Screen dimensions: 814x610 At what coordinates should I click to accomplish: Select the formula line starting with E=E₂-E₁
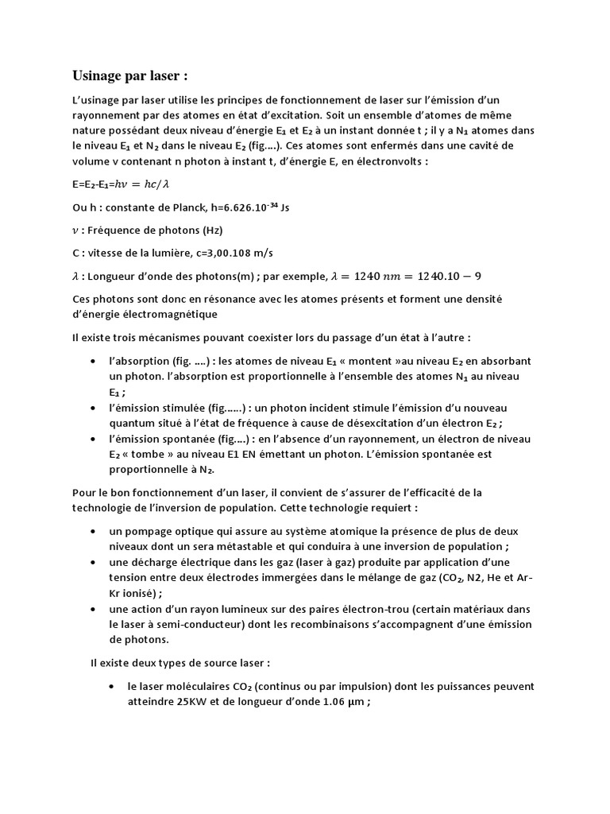(121, 184)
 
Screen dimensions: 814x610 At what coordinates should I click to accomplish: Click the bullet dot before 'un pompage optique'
(94, 530)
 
